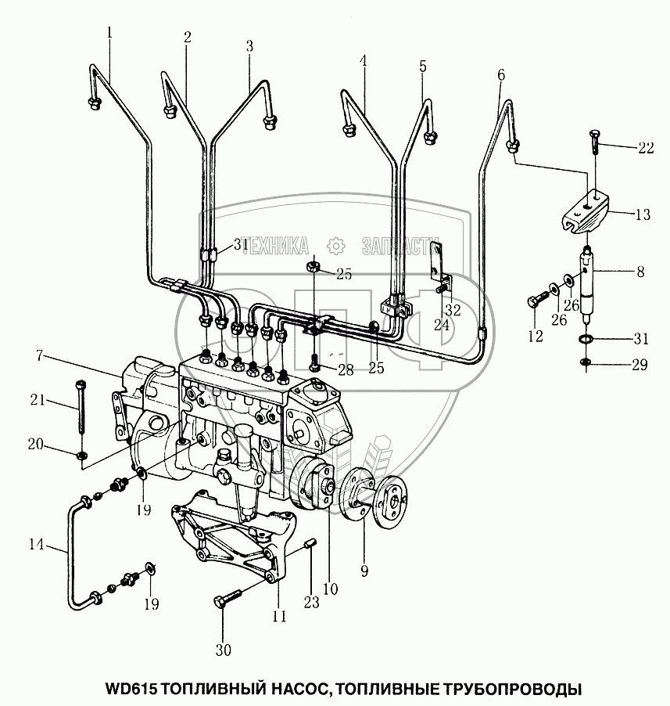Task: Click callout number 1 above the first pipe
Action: tap(109, 33)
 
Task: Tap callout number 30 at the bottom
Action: tap(223, 650)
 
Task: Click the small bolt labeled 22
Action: tap(594, 144)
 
